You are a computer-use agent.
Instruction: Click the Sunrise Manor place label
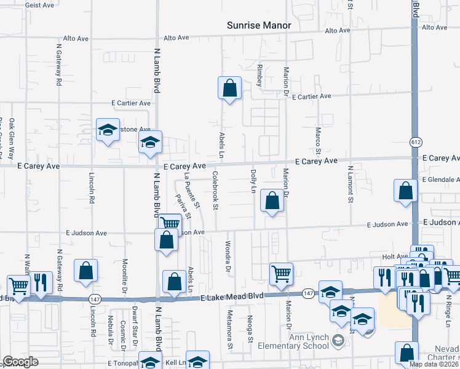tap(259, 25)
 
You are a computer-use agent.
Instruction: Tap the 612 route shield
tap(414, 142)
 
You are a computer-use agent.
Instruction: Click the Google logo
tap(20, 362)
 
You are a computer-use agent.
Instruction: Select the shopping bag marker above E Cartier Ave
tap(229, 88)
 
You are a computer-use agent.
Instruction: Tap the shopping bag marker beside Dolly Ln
tap(272, 200)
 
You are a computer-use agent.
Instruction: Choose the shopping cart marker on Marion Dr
tap(281, 273)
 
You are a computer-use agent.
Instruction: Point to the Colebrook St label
tap(215, 191)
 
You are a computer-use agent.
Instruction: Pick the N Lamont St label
tap(350, 184)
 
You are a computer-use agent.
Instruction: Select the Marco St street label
tap(318, 141)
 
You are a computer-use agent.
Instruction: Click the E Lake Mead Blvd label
tap(232, 296)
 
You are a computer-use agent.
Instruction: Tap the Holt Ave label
tap(395, 256)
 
